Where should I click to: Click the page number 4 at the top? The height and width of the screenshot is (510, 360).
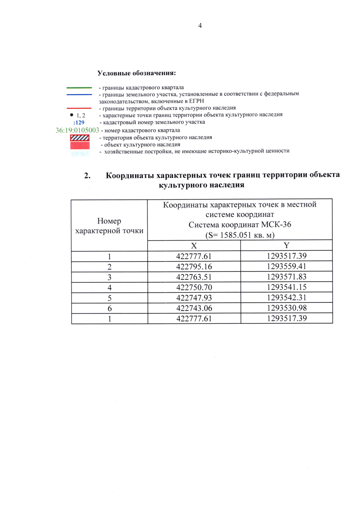[x=200, y=26]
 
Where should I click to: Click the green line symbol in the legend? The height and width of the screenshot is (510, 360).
[x=79, y=88]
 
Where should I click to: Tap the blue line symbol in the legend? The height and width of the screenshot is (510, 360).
[x=79, y=95]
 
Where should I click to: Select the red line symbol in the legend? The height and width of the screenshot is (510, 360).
[x=79, y=108]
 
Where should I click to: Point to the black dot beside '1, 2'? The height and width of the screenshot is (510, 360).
[x=72, y=115]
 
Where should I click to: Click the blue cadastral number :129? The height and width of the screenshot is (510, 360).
[x=79, y=122]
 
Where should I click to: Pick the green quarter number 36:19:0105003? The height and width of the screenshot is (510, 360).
[x=77, y=130]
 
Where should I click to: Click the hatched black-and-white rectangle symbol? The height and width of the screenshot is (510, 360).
[x=80, y=138]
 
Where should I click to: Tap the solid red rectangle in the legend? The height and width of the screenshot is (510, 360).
[x=80, y=145]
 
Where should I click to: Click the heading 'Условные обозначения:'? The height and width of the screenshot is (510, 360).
[x=137, y=73]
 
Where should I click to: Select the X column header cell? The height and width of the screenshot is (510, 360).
[x=194, y=246]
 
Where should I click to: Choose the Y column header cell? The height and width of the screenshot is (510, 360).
[x=286, y=245]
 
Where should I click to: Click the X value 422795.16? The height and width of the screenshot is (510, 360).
[x=194, y=266]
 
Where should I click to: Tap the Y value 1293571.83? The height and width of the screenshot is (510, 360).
[x=286, y=277]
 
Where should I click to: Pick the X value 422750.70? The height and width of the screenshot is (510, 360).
[x=194, y=287]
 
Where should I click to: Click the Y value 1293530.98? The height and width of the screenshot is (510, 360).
[x=286, y=308]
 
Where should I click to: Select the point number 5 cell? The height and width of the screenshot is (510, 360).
[x=109, y=298]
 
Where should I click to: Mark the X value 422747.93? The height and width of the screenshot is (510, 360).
[x=194, y=298]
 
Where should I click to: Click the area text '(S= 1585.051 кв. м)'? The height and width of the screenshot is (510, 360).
[x=240, y=235]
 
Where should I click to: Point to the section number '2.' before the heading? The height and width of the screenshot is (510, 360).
[x=87, y=176]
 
